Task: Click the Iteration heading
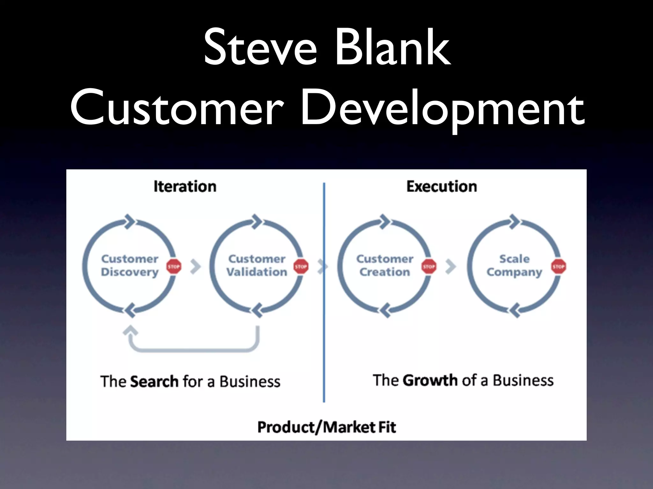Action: (x=185, y=187)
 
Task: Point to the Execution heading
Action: (x=442, y=187)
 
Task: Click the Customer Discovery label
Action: (x=130, y=266)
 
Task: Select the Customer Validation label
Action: (x=257, y=266)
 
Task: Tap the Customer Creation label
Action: (x=385, y=266)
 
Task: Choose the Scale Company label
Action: (x=514, y=266)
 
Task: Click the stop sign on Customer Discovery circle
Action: (x=174, y=266)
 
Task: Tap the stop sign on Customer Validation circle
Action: (x=301, y=266)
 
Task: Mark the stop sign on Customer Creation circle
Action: (x=429, y=266)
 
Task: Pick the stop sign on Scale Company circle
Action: (x=558, y=266)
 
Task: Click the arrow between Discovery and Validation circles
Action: (x=195, y=267)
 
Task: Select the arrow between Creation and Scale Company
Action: (x=451, y=267)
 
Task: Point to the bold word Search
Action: (x=154, y=381)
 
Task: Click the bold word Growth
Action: (x=430, y=380)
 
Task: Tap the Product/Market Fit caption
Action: (x=326, y=427)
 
